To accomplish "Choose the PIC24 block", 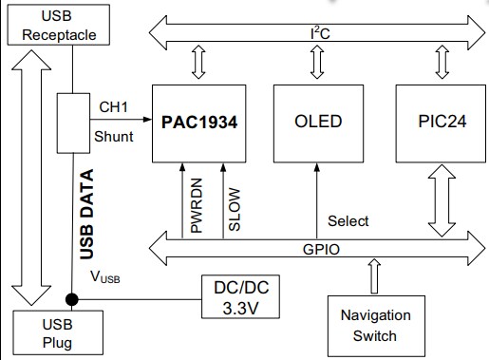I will coord(440,122).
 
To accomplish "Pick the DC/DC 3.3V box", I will coord(241,296).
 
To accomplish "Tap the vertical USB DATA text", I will coord(87,215).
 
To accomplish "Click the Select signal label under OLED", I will coord(348,221).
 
